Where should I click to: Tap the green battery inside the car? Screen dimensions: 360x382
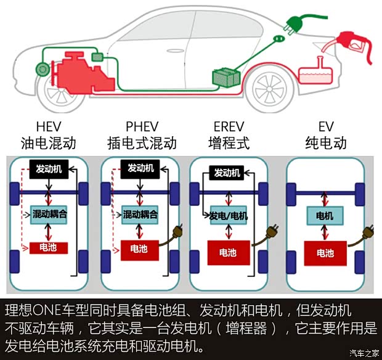226,77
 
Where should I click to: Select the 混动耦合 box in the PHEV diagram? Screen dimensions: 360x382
140,215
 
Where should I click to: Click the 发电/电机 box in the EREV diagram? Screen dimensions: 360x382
229,216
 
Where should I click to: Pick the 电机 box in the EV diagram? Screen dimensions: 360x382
325,216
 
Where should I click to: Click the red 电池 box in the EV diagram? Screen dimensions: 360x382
325,253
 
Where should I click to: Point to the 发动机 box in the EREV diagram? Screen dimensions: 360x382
227,173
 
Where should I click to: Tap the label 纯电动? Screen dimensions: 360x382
326,144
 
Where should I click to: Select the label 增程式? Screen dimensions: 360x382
229,144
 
